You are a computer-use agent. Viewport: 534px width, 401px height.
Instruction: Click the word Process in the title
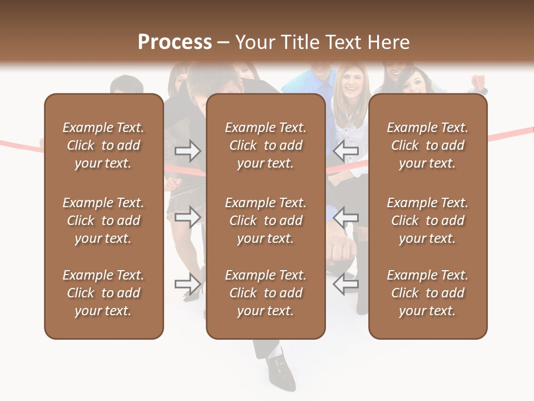pos(175,42)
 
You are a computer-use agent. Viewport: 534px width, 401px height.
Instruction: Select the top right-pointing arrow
pos(188,150)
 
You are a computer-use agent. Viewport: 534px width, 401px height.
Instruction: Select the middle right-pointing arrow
pos(188,217)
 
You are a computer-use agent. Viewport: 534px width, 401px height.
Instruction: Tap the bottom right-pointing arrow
pos(188,283)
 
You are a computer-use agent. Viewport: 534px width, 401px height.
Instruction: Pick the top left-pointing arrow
pos(346,150)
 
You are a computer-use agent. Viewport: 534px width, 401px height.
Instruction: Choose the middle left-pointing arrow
pos(346,217)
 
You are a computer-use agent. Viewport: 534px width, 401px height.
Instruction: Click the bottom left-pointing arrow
pos(346,283)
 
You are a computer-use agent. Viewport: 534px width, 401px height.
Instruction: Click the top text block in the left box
pos(103,145)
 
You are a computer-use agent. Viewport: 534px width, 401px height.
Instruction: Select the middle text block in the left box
pos(103,221)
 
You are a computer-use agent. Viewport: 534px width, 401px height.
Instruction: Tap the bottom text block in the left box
pos(103,293)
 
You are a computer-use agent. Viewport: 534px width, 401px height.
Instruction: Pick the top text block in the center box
pos(265,145)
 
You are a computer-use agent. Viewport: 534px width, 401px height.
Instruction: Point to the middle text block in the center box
pos(265,221)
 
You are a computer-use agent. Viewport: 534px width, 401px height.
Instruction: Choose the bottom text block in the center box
pos(265,293)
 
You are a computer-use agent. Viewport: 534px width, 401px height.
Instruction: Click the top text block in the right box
pos(428,145)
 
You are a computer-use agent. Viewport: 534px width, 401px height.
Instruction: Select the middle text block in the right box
pos(428,221)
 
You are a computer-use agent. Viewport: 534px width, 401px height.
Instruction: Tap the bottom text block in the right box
pos(428,293)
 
